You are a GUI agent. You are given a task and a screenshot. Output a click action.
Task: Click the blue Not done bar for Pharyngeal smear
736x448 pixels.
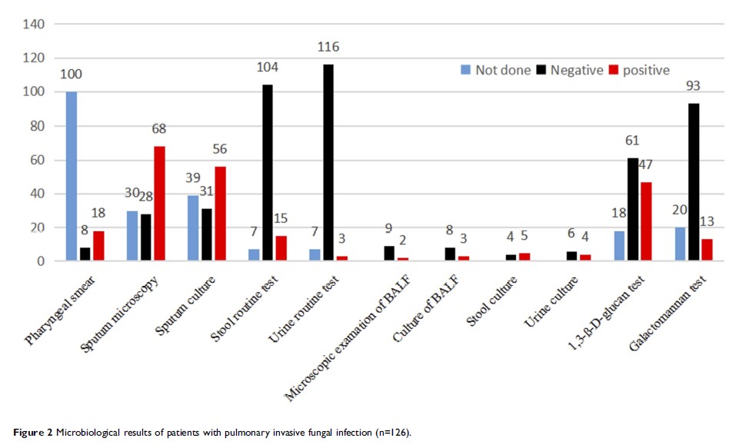tap(72, 177)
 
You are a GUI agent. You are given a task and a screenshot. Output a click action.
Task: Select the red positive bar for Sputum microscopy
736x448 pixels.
tap(159, 204)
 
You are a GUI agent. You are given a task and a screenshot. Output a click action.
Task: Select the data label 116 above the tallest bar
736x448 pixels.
tap(328, 48)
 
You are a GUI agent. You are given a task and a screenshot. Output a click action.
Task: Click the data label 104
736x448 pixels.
tap(268, 68)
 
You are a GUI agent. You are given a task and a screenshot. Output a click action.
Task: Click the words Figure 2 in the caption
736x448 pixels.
tap(32, 433)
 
